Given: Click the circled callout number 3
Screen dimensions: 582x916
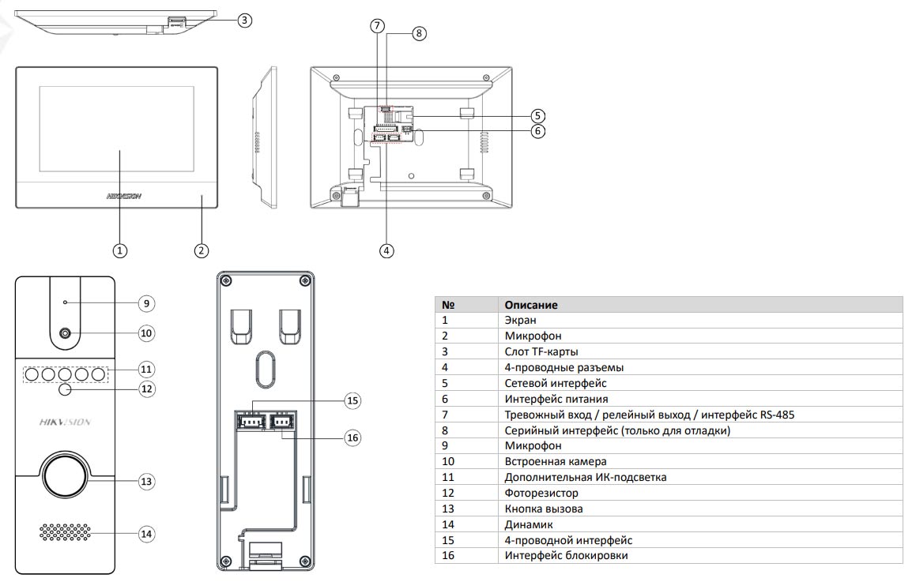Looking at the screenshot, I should point(245,21).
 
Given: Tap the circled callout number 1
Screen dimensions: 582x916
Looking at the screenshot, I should point(119,250).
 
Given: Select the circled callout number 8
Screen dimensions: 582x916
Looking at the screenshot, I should point(418,33).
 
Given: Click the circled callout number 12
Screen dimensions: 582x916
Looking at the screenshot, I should point(145,389).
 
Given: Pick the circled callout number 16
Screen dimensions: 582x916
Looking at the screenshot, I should point(352,437).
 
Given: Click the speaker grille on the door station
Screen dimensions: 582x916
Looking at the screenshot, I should point(66,533).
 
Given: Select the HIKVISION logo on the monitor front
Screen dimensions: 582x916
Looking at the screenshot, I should point(123,196).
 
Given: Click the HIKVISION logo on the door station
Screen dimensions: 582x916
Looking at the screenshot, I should point(65,422).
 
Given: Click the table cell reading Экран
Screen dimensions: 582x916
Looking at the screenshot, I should point(520,320).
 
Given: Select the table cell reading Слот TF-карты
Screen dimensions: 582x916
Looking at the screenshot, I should point(546,351).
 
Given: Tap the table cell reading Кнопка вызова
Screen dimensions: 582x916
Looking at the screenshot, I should point(544,509).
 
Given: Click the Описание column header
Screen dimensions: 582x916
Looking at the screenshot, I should point(531,305).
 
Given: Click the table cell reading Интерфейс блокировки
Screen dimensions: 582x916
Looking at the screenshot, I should point(567,556).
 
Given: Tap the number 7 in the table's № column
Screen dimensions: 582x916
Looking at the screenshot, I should point(445,415).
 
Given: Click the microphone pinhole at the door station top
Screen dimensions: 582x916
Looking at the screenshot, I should point(66,302).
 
